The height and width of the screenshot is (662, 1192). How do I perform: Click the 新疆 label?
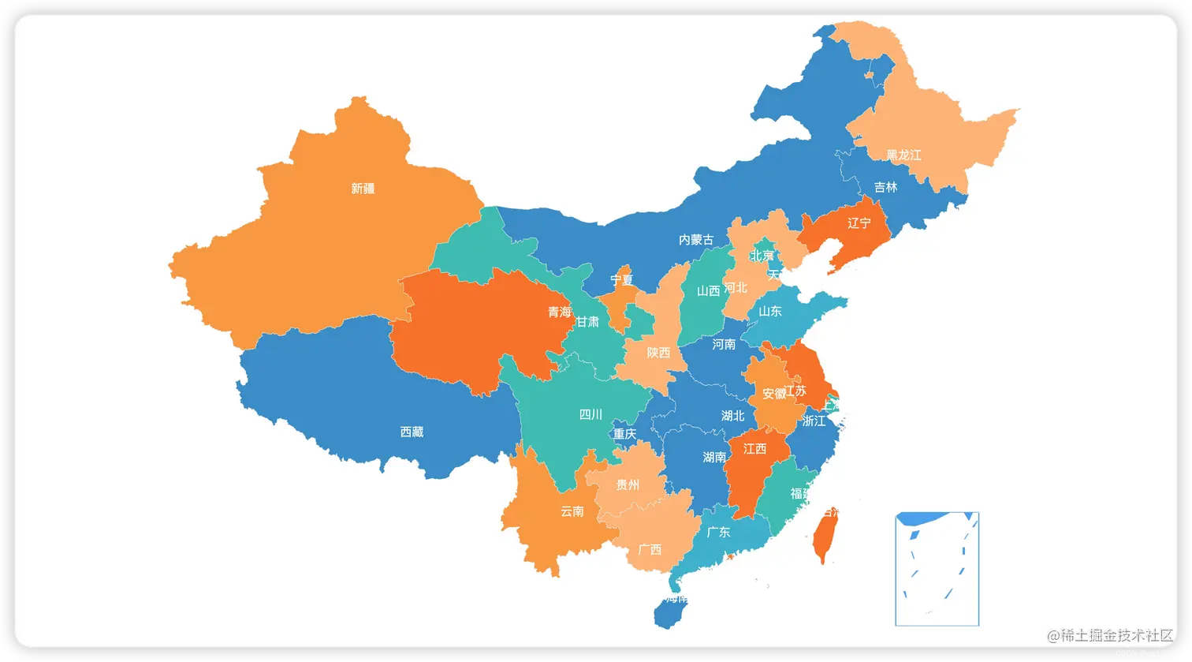(x=363, y=189)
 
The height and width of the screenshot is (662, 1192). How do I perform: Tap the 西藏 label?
(x=412, y=432)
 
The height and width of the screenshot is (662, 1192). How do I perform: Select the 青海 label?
(x=560, y=312)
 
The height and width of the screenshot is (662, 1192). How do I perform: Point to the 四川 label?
(x=590, y=414)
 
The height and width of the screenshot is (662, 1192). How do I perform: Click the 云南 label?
(x=572, y=511)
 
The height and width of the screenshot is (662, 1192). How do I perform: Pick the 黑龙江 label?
(x=903, y=155)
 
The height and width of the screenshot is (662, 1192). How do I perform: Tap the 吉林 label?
(x=885, y=187)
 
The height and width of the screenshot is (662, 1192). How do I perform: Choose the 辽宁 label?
(x=859, y=223)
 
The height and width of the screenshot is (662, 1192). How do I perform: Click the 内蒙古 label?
(x=697, y=239)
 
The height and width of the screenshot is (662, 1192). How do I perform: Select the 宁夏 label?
(x=622, y=280)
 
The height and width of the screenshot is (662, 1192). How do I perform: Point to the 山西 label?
(x=709, y=290)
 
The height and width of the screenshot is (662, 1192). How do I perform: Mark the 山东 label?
(x=770, y=311)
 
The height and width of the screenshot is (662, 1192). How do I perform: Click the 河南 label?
(x=724, y=344)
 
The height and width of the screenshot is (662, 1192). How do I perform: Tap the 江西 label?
(x=754, y=449)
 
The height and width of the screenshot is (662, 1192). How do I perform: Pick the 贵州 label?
(x=628, y=485)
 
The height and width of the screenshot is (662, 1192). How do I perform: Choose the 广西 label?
(x=650, y=549)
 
